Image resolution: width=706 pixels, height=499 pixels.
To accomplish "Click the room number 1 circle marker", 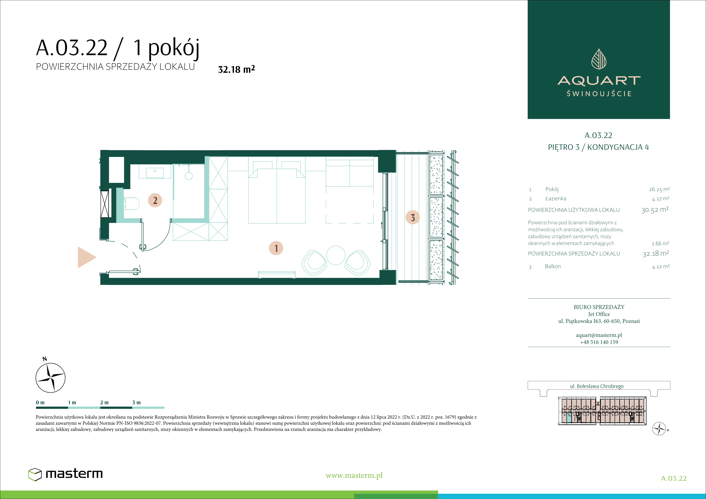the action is click(x=276, y=248).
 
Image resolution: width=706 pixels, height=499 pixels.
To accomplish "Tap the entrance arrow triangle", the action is click(x=87, y=257).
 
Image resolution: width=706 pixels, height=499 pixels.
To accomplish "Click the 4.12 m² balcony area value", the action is click(x=661, y=267).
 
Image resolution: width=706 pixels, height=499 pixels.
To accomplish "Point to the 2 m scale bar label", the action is click(x=104, y=402).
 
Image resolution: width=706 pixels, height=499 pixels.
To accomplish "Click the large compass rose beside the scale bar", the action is click(x=51, y=378).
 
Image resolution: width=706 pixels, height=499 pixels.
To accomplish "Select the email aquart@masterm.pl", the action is click(x=599, y=335).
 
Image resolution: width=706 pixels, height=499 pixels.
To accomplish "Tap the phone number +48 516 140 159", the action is click(x=599, y=342).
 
